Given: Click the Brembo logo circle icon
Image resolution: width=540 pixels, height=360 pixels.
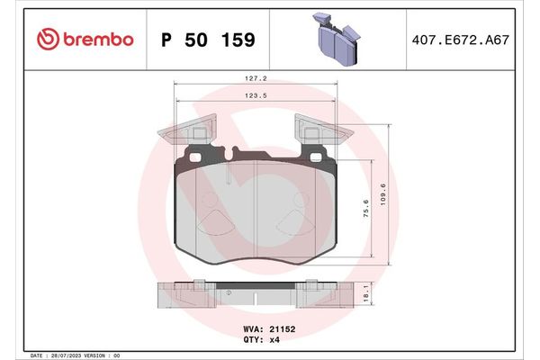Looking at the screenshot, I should point(49,39).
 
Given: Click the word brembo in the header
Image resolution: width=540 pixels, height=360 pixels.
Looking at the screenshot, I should point(97,39).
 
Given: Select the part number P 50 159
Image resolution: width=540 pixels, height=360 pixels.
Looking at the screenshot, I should point(207,40).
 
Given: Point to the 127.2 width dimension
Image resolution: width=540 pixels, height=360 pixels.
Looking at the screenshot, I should point(255,77).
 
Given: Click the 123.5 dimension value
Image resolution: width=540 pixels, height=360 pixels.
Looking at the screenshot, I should point(255,94).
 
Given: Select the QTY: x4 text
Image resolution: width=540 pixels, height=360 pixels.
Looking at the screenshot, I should point(263,340).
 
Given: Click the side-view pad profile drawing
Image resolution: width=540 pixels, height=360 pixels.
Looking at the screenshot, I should point(254,296).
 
